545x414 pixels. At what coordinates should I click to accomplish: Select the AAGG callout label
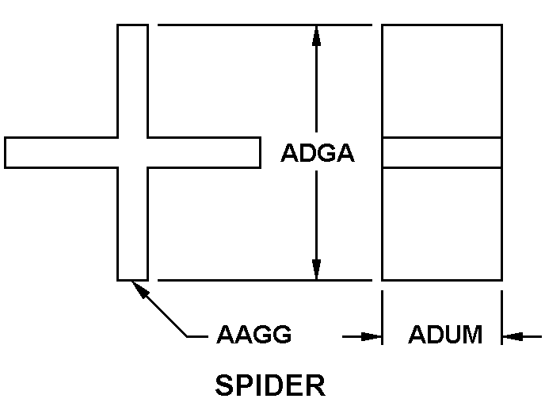[254, 335]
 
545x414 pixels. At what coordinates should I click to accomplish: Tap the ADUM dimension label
[445, 335]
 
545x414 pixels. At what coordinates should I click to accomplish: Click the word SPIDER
[270, 386]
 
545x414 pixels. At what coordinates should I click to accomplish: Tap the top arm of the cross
[132, 79]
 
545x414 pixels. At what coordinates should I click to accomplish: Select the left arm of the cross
[60, 152]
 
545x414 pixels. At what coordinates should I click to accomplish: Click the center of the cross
[132, 152]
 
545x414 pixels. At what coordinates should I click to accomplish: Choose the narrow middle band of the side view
[442, 152]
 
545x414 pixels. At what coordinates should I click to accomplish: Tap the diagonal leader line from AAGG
[165, 312]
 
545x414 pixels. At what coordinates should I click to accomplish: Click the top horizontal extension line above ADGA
[265, 25]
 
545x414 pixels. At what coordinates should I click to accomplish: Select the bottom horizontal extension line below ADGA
[265, 280]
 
